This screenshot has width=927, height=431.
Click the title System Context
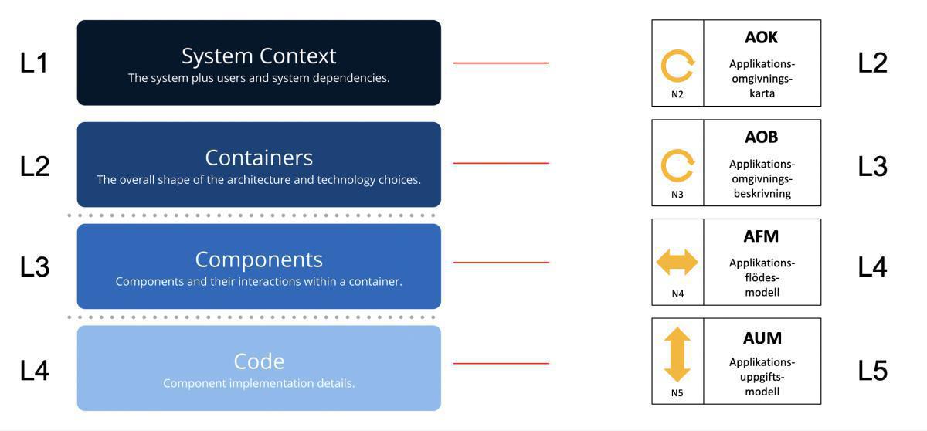point(259,56)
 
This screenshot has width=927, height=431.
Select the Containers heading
point(259,158)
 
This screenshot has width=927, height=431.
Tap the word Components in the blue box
point(259,259)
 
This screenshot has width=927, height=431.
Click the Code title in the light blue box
point(259,361)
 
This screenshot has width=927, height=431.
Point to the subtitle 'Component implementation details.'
point(259,383)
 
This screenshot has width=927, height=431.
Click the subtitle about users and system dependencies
point(259,78)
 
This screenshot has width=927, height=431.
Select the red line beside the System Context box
point(501,63)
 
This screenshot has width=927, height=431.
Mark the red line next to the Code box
point(501,363)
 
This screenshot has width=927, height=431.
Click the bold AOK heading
point(761,38)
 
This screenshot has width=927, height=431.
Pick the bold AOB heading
point(761,137)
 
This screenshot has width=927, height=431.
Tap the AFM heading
point(761,237)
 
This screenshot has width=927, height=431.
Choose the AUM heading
point(762,338)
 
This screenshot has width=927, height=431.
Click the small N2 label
point(677,95)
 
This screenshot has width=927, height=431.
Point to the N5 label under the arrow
point(677,393)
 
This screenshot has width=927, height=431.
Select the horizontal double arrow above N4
point(677,263)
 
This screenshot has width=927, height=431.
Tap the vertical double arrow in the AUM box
point(677,355)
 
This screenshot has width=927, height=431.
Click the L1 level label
point(34,63)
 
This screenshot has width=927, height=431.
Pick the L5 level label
point(873,372)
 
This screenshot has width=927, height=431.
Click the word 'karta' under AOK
point(762,93)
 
